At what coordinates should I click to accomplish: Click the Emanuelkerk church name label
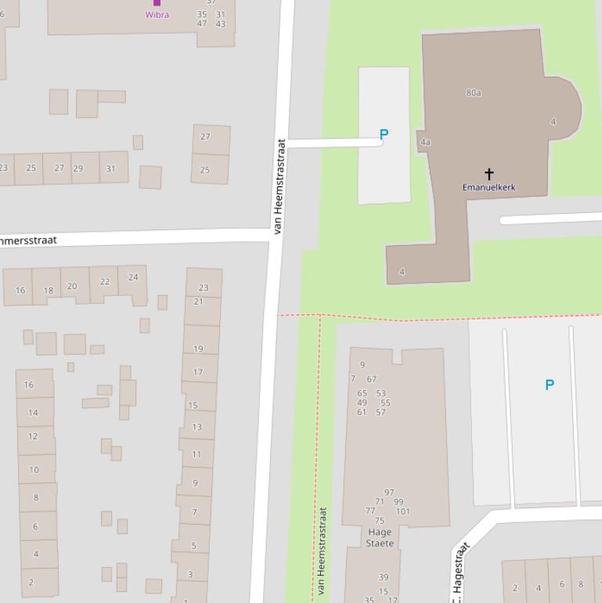(x=488, y=187)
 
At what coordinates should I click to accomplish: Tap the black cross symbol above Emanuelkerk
(x=489, y=173)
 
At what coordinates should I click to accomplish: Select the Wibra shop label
(x=157, y=14)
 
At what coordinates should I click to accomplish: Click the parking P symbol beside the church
(x=384, y=135)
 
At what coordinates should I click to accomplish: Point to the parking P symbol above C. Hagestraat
(x=550, y=385)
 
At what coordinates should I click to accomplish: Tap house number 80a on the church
(x=474, y=92)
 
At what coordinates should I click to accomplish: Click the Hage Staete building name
(x=380, y=537)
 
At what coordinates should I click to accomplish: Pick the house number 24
(x=133, y=276)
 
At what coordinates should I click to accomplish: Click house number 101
(x=402, y=511)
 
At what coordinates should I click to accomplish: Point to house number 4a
(x=425, y=142)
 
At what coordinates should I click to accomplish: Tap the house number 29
(x=78, y=168)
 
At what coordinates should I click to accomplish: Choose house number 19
(x=198, y=348)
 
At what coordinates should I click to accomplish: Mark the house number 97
(x=389, y=493)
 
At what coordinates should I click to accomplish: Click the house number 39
(x=384, y=577)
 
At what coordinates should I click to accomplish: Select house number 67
(x=371, y=379)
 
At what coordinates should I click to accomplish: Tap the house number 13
(x=196, y=427)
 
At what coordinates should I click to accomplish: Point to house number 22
(x=105, y=281)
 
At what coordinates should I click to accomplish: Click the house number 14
(x=33, y=412)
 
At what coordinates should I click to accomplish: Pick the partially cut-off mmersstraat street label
(x=28, y=240)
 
